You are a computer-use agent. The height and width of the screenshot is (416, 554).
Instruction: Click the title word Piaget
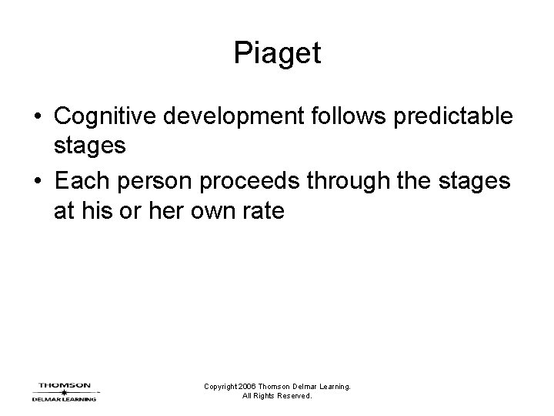pyautogui.click(x=277, y=54)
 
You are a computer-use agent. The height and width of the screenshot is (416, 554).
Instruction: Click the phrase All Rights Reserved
pyautogui.click(x=277, y=396)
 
